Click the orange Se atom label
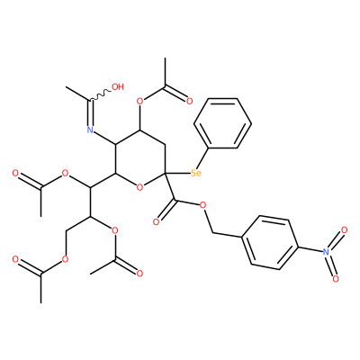click(196, 173)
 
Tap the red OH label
click(117, 87)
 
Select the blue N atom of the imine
click(90, 130)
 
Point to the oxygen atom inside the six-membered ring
click(139, 188)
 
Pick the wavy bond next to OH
click(100, 94)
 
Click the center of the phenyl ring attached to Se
click(222, 123)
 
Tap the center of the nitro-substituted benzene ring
click(269, 242)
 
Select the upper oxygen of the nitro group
click(345, 230)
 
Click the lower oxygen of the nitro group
click(336, 278)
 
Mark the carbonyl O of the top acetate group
click(189, 101)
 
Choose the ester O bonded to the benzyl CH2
click(203, 205)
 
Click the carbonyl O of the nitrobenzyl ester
click(156, 222)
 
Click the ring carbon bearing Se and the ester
click(165, 174)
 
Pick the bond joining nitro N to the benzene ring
click(310, 249)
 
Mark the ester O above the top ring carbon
click(139, 101)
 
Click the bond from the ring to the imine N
click(104, 138)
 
